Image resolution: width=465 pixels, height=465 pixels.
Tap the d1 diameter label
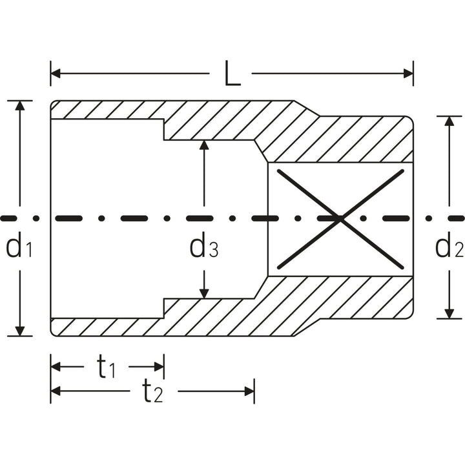19,247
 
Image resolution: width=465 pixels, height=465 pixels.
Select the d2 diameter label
449,246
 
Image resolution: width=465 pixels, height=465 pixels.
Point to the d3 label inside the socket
203,247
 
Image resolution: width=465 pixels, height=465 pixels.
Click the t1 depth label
107,367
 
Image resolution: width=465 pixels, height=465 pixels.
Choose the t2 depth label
152,391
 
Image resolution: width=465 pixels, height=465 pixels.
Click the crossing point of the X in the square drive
340,220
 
